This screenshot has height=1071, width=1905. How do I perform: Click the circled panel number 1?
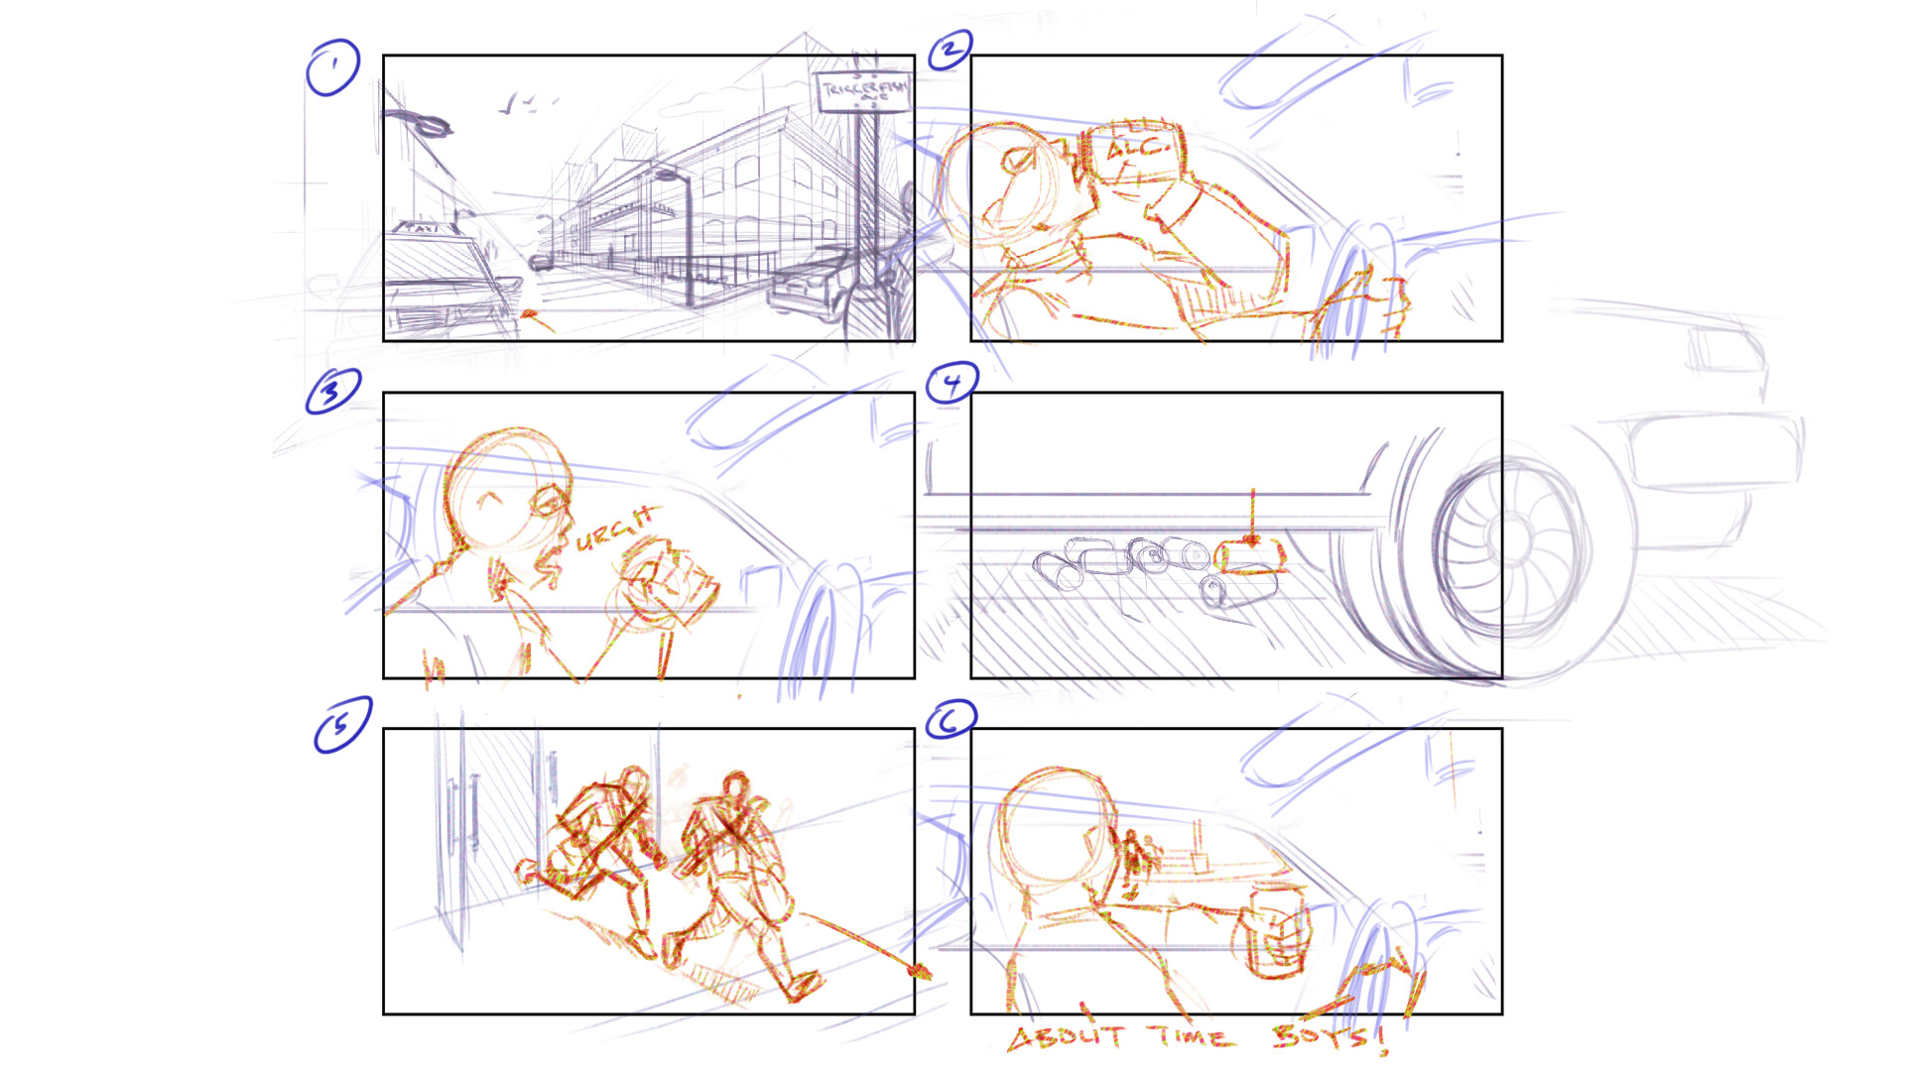(332, 67)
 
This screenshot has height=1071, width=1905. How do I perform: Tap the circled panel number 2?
(950, 49)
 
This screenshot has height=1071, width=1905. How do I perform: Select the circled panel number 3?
(332, 391)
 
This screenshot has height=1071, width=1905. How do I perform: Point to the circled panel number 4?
(952, 383)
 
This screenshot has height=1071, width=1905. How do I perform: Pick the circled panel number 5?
(342, 724)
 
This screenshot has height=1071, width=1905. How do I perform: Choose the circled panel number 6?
(950, 719)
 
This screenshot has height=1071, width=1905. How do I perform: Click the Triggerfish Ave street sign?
(862, 92)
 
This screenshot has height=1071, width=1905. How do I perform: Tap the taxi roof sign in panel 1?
(423, 228)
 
